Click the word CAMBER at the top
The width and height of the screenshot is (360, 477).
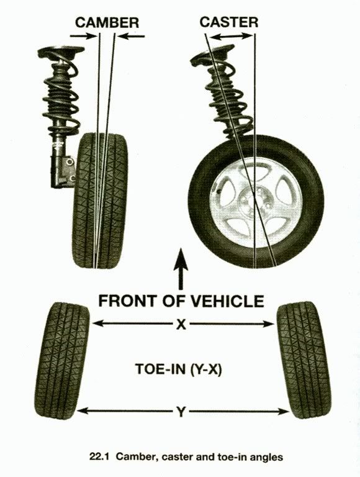[107, 23]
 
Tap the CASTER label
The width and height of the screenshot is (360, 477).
[229, 22]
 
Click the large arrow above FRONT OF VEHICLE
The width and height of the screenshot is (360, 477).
[181, 268]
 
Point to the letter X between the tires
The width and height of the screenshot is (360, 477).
[181, 324]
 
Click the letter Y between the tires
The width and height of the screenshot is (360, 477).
[181, 412]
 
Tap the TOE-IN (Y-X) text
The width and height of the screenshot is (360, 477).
[179, 369]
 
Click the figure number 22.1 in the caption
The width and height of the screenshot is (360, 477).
[99, 457]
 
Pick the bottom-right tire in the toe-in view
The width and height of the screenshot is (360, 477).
[304, 360]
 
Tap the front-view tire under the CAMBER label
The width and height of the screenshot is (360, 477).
[101, 201]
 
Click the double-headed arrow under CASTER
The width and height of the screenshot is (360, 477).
[232, 37]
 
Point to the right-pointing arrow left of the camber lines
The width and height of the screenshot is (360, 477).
[83, 36]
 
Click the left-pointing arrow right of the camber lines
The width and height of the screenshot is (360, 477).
[132, 37]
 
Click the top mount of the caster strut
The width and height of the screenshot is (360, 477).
[212, 54]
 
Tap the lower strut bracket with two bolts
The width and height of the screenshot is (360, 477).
[63, 171]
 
